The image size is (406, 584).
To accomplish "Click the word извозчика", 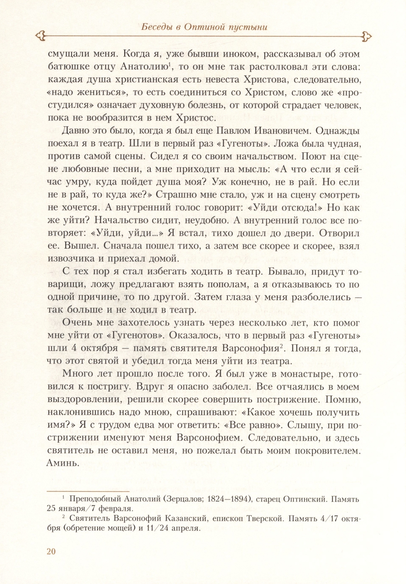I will click(72, 258).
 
